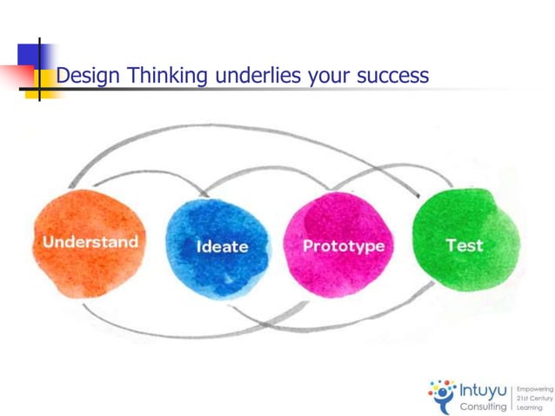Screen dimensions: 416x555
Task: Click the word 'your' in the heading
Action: [325, 77]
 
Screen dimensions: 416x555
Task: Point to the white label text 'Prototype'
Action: [343, 246]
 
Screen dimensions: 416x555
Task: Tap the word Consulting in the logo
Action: [483, 406]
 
